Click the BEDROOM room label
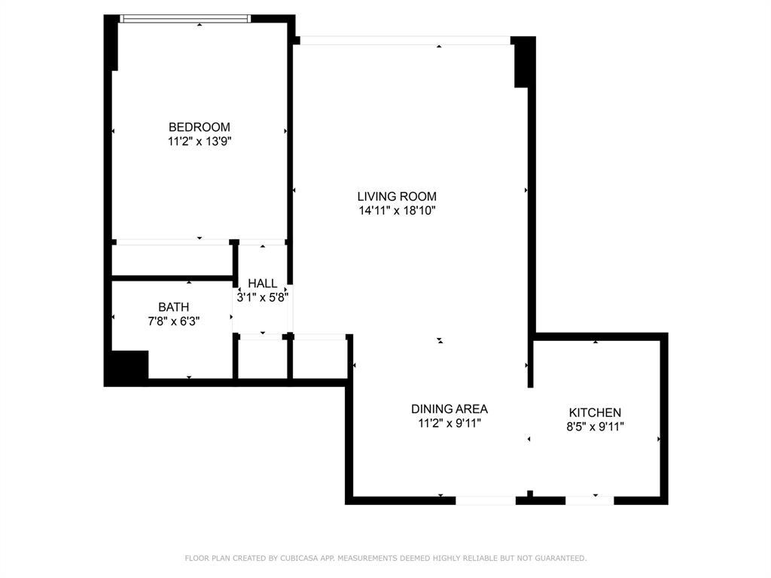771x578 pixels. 200,127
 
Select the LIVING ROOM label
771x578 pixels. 397,196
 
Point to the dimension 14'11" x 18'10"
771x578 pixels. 397,211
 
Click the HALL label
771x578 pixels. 263,283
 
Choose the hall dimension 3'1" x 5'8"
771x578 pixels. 263,297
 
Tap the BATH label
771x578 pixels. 173,307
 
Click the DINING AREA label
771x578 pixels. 449,409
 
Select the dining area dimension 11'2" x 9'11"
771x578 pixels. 449,423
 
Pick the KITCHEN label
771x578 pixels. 595,412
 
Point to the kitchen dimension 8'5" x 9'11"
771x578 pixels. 595,427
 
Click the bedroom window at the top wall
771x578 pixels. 185,19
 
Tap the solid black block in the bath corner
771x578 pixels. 126,368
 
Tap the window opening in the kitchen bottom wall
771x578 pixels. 590,500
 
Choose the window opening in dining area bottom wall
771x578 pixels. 486,500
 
